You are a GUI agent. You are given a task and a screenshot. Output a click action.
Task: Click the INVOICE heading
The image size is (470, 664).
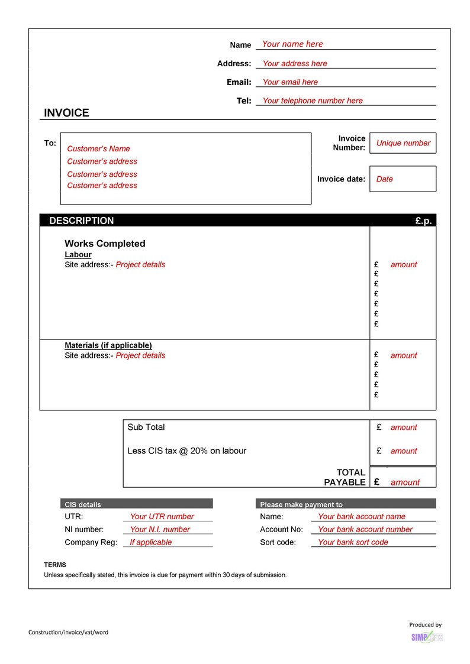coord(66,113)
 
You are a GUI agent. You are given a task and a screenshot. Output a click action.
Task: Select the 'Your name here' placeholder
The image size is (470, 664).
coord(292,44)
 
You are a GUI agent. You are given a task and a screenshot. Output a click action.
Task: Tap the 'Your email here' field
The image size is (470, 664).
coord(290,82)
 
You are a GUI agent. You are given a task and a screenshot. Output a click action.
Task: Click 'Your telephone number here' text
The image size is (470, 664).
coord(313,101)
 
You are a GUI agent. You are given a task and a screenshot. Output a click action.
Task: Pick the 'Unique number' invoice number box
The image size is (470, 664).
coord(403,143)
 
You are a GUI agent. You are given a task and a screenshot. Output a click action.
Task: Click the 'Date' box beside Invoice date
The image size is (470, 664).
coord(403,179)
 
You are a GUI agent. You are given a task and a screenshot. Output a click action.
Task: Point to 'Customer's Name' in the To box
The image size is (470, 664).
coord(98,149)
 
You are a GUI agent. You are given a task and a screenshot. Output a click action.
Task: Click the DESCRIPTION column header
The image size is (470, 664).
coord(81,221)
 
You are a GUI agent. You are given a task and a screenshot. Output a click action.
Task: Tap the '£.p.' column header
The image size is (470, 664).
coord(423,221)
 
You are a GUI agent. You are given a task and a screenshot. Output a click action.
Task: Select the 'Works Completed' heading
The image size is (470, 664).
coord(105,244)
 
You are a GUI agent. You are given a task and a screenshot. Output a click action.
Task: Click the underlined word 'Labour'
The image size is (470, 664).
coord(78,255)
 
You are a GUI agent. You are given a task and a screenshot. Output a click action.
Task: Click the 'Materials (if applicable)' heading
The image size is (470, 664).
coord(108,345)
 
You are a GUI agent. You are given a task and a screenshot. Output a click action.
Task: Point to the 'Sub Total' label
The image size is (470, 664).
coord(146,427)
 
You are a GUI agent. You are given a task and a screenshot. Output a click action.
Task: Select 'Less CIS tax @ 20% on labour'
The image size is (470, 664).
coord(187,451)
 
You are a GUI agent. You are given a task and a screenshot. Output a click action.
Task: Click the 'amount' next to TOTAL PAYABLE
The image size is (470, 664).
coord(405,482)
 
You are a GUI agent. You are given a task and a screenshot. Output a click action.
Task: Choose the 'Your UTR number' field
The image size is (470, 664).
coord(162,517)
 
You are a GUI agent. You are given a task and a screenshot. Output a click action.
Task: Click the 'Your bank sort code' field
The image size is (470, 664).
coord(353,542)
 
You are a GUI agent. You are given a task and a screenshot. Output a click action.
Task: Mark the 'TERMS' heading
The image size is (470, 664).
coord(55,565)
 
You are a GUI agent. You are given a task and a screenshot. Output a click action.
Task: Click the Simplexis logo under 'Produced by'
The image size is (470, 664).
coord(427,637)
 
